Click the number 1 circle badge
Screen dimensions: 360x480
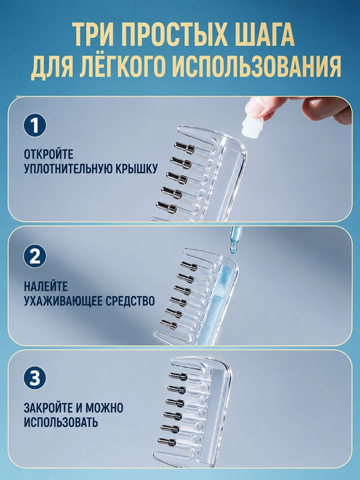(x=35, y=125)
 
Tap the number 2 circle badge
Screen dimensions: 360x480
(x=35, y=256)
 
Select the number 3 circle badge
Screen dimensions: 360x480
(x=35, y=378)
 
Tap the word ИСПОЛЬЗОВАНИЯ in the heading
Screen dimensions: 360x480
(x=256, y=67)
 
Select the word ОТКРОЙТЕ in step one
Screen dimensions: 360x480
(x=49, y=154)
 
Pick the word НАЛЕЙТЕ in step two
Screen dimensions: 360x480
(x=45, y=287)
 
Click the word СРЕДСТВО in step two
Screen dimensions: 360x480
(x=130, y=301)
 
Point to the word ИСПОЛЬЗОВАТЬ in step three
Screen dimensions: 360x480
(x=61, y=422)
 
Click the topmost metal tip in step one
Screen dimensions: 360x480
(x=185, y=147)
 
